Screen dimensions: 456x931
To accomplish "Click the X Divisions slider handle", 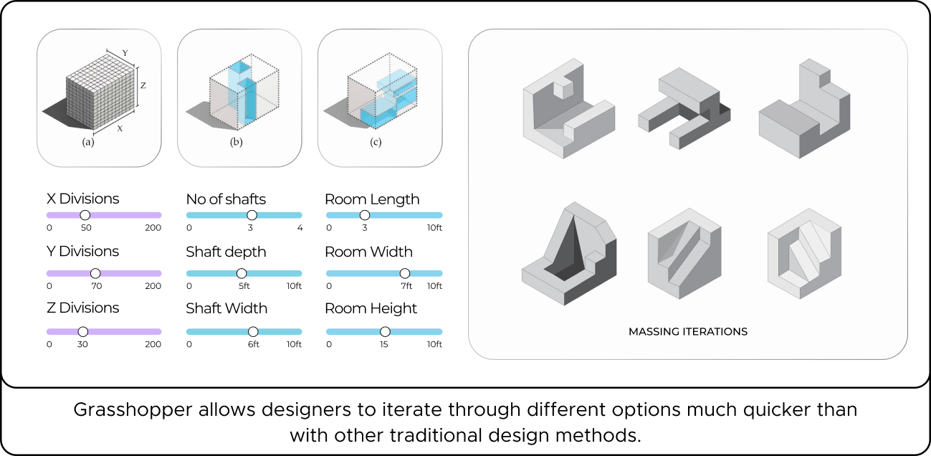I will click(x=85, y=215).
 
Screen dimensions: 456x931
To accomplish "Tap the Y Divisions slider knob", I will click(x=95, y=273).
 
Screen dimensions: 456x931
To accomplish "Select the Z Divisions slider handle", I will click(x=82, y=331).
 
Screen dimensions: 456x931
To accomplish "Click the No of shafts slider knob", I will click(x=251, y=215).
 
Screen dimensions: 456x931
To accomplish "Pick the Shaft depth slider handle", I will click(x=242, y=273).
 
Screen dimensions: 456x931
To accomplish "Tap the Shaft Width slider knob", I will click(x=253, y=331).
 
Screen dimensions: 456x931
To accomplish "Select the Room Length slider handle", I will click(x=364, y=215).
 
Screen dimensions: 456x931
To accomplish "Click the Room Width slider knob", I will click(x=405, y=273).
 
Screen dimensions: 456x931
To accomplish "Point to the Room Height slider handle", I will click(x=385, y=331).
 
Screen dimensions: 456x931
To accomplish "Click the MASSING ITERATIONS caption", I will click(x=688, y=332).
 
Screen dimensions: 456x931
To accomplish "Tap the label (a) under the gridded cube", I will click(x=88, y=142).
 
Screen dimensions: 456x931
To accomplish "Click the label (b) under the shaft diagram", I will click(x=236, y=142).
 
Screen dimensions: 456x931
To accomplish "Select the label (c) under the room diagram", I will click(x=376, y=142).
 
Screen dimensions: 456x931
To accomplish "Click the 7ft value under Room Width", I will click(x=406, y=286).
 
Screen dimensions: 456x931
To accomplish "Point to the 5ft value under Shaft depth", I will click(x=244, y=286).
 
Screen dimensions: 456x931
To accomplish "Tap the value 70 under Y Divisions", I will click(x=97, y=286).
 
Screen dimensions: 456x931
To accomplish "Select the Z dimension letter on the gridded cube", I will click(x=143, y=85).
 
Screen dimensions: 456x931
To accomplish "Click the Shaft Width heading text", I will click(x=226, y=308).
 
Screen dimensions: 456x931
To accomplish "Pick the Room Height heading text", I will click(x=371, y=308).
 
